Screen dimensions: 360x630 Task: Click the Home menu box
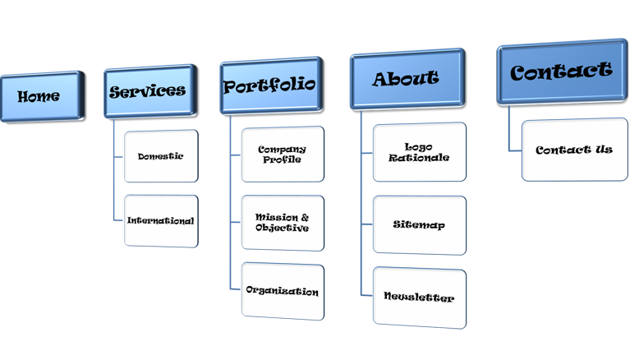tap(39, 96)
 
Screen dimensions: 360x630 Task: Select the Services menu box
tap(147, 91)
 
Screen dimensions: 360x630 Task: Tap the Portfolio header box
tap(269, 85)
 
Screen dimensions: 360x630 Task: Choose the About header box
tap(406, 79)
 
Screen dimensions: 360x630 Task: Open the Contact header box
tap(561, 72)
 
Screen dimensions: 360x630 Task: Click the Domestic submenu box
tap(161, 155)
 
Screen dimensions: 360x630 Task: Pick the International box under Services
tap(161, 220)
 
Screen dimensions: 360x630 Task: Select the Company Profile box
tap(282, 154)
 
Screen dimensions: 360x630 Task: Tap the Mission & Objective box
tap(282, 223)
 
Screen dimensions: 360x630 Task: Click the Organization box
tap(282, 291)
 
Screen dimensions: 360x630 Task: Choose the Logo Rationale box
tap(419, 152)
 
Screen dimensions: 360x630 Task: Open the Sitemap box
tap(419, 224)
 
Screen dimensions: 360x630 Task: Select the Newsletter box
tap(419, 298)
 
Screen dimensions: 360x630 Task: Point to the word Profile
tap(282, 159)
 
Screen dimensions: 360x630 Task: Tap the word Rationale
tap(419, 158)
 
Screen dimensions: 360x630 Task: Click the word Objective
tap(282, 228)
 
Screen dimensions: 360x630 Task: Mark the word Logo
tap(419, 146)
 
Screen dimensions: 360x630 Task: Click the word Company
tap(282, 149)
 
